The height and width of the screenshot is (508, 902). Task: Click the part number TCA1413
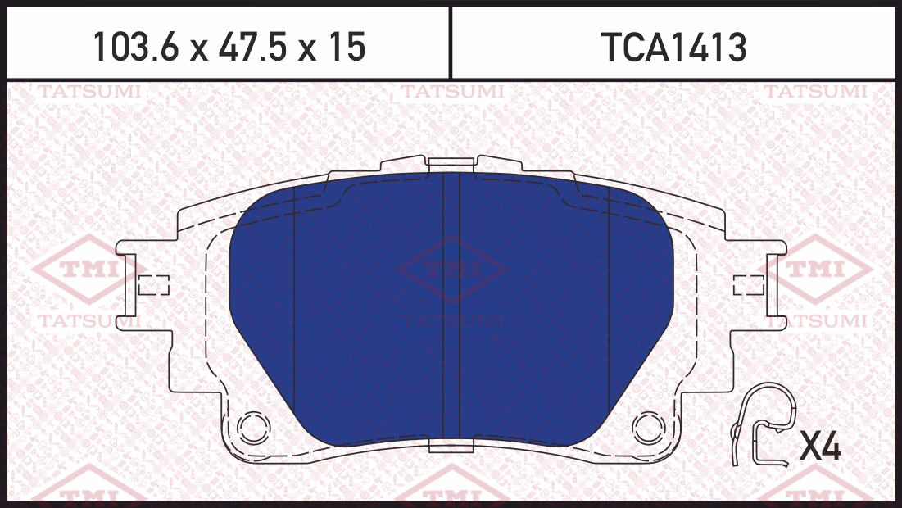(674, 48)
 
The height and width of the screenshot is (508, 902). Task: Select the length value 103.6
(136, 47)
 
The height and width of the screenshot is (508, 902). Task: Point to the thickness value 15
(347, 47)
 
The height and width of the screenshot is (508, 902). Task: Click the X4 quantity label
(820, 446)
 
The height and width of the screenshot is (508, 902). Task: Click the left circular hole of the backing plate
(254, 428)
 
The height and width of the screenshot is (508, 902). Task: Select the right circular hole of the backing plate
(648, 428)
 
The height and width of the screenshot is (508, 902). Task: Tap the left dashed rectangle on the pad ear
(153, 285)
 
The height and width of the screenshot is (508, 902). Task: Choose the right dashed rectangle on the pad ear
(749, 285)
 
